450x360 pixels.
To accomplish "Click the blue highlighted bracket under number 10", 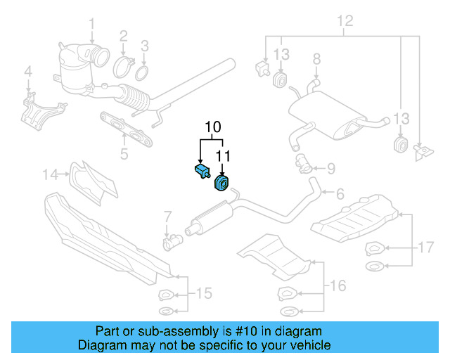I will click(201, 171).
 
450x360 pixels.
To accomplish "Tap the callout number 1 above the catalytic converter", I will click(91, 27).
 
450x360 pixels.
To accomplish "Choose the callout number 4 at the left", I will click(28, 71).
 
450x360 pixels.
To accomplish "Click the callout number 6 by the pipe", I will click(339, 193).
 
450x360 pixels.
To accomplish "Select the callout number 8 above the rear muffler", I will click(316, 58).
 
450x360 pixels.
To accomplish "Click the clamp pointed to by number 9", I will click(304, 164).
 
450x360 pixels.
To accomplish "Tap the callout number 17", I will click(425, 247).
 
